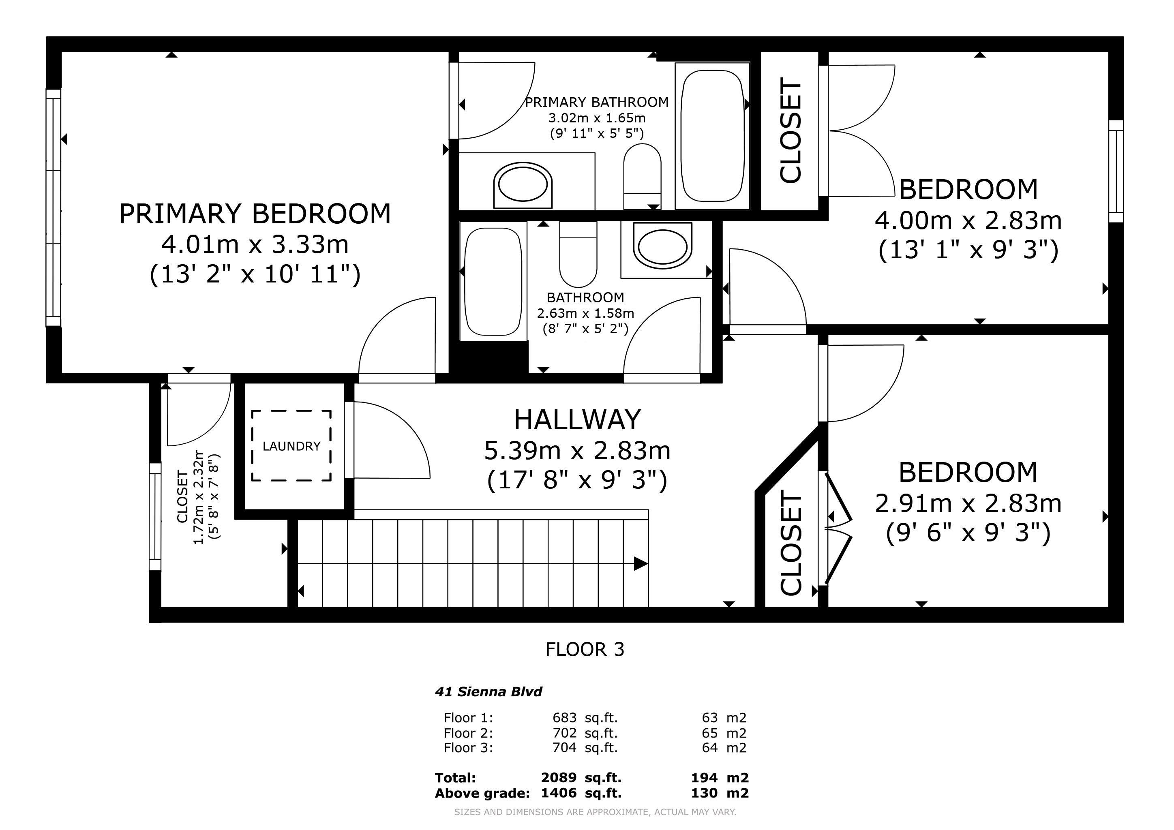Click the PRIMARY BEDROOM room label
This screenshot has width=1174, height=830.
255,214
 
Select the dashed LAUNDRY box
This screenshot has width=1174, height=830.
291,446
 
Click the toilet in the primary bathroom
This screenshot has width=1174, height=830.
642,176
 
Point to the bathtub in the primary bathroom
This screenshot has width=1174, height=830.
712,136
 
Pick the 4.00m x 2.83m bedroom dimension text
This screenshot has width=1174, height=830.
968,221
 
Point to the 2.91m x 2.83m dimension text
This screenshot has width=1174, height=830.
968,503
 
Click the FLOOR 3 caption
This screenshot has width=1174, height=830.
585,650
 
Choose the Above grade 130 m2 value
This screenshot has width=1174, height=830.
720,793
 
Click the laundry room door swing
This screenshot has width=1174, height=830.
392,440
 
